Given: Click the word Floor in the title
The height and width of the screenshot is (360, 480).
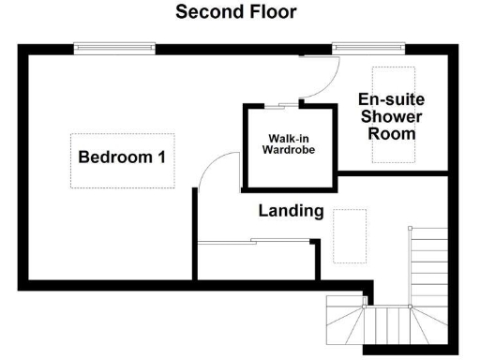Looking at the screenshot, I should [269, 12].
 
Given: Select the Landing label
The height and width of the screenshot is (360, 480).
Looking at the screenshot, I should [291, 211].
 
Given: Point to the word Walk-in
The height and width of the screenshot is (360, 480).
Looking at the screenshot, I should [289, 138].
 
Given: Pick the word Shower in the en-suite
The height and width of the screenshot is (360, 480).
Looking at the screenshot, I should [392, 116].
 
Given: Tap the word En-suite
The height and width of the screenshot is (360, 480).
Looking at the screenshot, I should [392, 99].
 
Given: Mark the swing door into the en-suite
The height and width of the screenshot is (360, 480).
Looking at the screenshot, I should [319, 75].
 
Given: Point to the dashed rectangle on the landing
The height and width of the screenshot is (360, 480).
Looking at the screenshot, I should [350, 235].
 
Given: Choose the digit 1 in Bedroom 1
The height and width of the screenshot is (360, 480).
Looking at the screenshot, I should [161, 157].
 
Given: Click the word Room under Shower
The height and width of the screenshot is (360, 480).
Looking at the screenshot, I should [392, 133].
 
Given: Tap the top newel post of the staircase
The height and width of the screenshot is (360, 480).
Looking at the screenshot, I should [410, 228].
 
